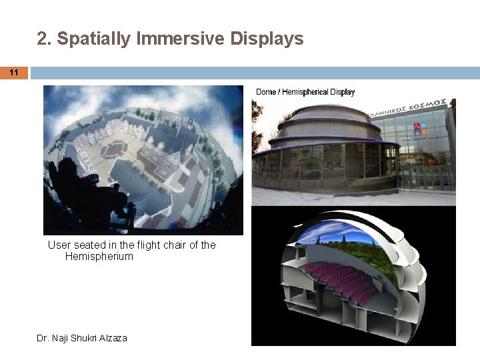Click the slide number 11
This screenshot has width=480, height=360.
[14, 73]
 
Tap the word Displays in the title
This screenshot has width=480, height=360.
[267, 39]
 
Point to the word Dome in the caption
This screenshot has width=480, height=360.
[265, 92]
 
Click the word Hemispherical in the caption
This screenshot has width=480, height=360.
[305, 92]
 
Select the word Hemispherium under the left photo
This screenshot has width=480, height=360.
[99, 257]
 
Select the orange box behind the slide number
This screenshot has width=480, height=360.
[14, 73]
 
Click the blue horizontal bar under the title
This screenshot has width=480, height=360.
[253, 73]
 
